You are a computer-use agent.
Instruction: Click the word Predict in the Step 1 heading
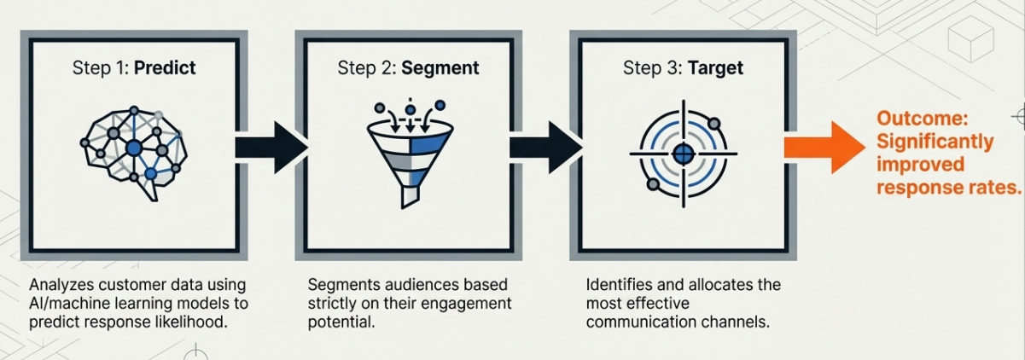coord(164,68)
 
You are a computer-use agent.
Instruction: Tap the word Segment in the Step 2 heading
coord(440,68)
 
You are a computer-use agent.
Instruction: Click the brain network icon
coord(134,148)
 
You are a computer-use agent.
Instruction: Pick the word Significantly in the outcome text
coord(935,142)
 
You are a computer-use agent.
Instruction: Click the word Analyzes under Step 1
coord(65,285)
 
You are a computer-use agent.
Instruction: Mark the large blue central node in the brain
coord(133,148)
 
